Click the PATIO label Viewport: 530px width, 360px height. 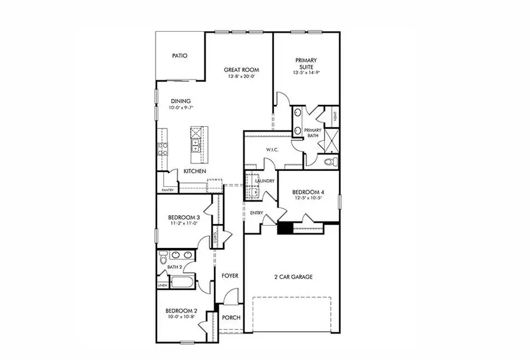point(180,56)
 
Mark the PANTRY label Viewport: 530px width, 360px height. point(168,190)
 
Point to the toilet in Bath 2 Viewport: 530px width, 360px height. point(163,259)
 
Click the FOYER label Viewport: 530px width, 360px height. point(230,276)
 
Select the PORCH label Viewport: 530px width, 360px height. point(231,318)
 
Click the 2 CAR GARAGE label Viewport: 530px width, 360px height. point(292,276)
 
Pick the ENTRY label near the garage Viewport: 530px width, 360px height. point(256,213)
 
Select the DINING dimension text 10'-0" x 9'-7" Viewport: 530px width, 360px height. point(181,108)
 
